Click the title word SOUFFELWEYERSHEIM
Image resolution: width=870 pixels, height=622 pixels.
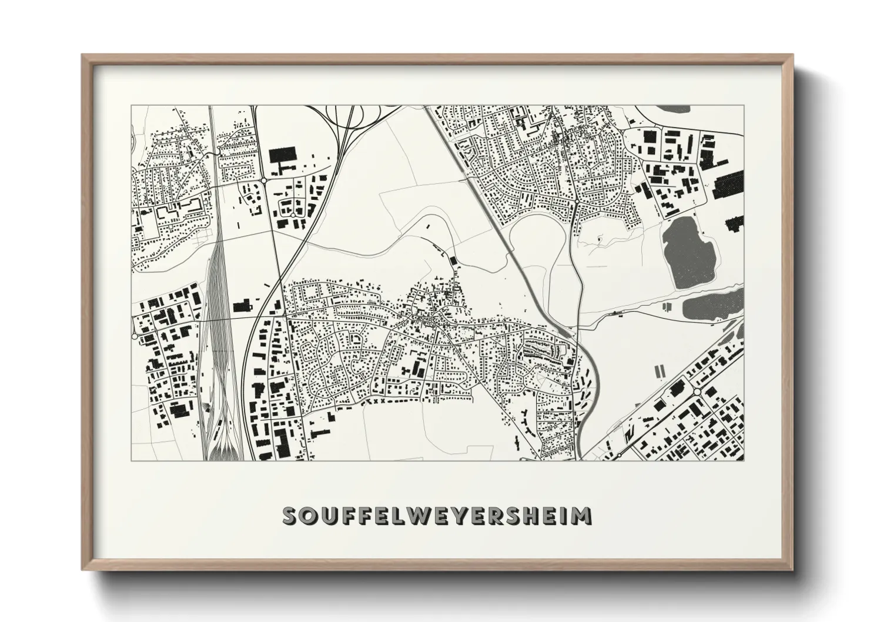437,516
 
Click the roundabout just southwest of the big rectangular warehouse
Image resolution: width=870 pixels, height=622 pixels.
264,180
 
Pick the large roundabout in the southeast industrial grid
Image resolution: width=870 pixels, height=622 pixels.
697,392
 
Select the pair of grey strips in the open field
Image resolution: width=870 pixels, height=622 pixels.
659,371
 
